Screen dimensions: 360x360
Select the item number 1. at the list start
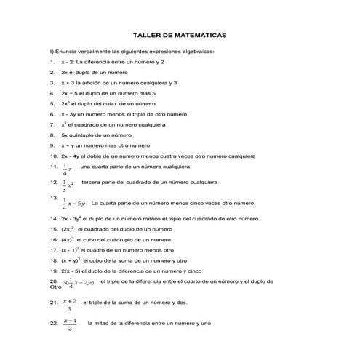[52, 63]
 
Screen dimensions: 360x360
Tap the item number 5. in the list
[52, 104]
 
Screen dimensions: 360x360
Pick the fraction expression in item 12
[67, 185]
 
